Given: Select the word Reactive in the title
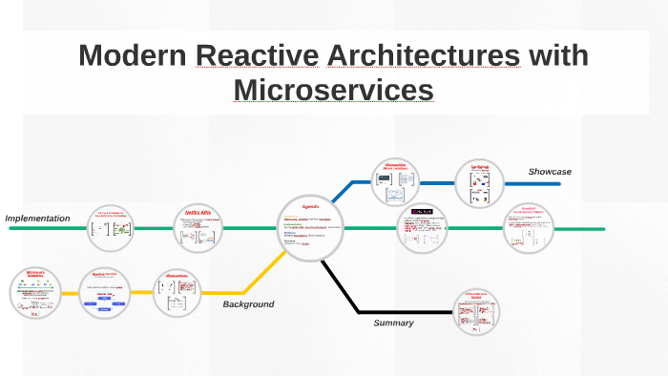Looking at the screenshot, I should coord(257,55).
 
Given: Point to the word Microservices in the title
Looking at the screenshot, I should coord(333,89).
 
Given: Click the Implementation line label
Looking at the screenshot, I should coord(38,219).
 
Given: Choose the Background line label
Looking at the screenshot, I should coord(248,304).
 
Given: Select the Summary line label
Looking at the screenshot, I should coord(393,323).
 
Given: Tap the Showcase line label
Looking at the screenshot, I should coord(550,172).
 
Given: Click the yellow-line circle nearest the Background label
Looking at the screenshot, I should coord(179,291).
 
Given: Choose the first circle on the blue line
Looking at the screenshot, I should coord(395,182).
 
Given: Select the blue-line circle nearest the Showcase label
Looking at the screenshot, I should coord(479,182).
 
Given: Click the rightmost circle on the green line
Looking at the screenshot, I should coord(530,229).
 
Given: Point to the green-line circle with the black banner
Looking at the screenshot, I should coord(423,229).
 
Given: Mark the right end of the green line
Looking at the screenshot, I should coord(602,229).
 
